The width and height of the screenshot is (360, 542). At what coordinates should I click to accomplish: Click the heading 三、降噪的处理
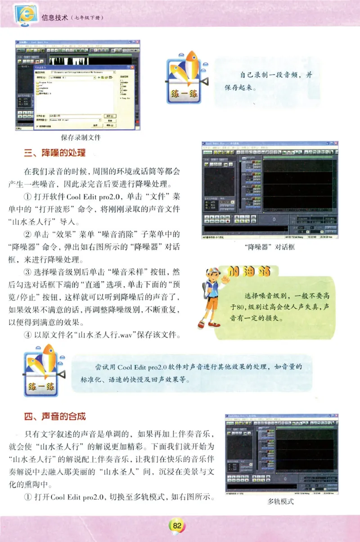tap(54, 153)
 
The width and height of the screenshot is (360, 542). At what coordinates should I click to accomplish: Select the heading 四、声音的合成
tap(54, 417)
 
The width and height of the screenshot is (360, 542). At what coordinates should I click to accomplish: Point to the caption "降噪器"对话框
tap(269, 247)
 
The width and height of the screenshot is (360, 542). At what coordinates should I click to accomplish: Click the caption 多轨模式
tap(280, 501)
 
